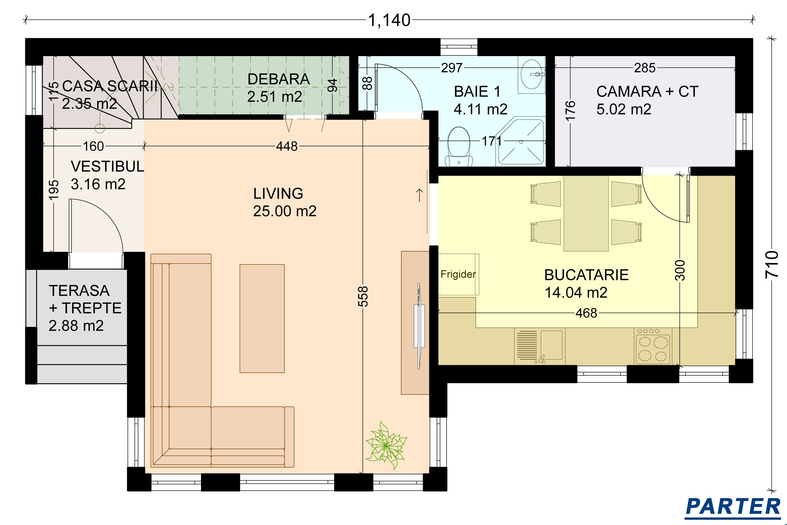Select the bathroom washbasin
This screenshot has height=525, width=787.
pos(532,74)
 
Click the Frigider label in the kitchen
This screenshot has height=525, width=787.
pos(458,275)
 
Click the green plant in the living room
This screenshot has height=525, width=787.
pos(386,445)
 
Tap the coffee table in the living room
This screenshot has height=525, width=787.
pos(262,318)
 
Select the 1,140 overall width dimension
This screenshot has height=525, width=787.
pos(389,20)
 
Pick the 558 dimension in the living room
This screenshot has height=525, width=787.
pos(363,296)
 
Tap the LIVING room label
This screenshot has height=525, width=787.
pos(278,194)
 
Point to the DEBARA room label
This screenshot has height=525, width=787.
pos(278,79)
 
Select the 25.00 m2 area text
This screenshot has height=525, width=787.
pos(285,211)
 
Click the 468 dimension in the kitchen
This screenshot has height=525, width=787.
pos(586,313)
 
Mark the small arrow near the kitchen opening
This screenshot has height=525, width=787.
pos(419,195)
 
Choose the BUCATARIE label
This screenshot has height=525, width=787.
pos(586,275)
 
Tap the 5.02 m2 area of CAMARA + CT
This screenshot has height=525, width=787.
pos(624,109)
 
